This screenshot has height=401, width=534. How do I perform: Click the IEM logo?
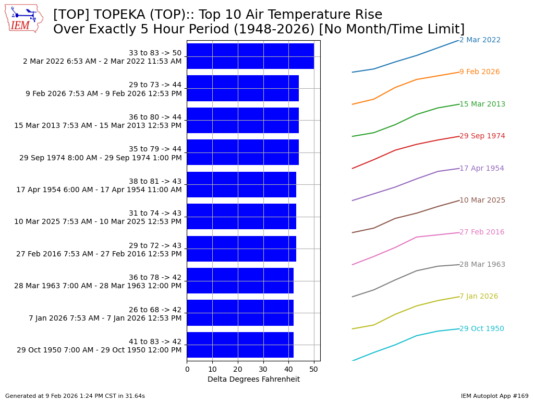coord(24,19)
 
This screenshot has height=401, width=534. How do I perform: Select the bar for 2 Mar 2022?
coord(250,56)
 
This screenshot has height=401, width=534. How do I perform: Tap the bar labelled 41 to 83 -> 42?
coord(240,345)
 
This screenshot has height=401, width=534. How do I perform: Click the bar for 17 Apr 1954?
coord(241,184)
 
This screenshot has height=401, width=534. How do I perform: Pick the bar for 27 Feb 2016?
coord(241,249)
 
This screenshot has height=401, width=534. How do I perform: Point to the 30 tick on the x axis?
coord(263,370)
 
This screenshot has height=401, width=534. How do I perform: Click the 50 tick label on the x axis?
coord(314,370)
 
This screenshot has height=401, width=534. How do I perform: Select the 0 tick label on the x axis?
coord(187,370)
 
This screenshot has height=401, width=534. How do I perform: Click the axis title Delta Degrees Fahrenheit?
coord(253,380)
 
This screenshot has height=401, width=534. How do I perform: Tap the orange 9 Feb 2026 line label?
coord(479,72)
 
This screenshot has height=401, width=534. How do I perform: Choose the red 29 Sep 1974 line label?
coord(482,136)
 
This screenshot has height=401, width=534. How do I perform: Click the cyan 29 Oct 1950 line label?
coord(481,329)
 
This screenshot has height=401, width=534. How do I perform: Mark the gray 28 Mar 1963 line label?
coord(482,265)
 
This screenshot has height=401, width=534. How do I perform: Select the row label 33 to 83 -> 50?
coord(155,53)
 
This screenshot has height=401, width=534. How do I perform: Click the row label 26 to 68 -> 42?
coord(155,310)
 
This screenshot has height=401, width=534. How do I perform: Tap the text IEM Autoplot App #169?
coord(494,396)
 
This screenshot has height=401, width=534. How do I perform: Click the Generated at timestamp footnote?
coord(75,396)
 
